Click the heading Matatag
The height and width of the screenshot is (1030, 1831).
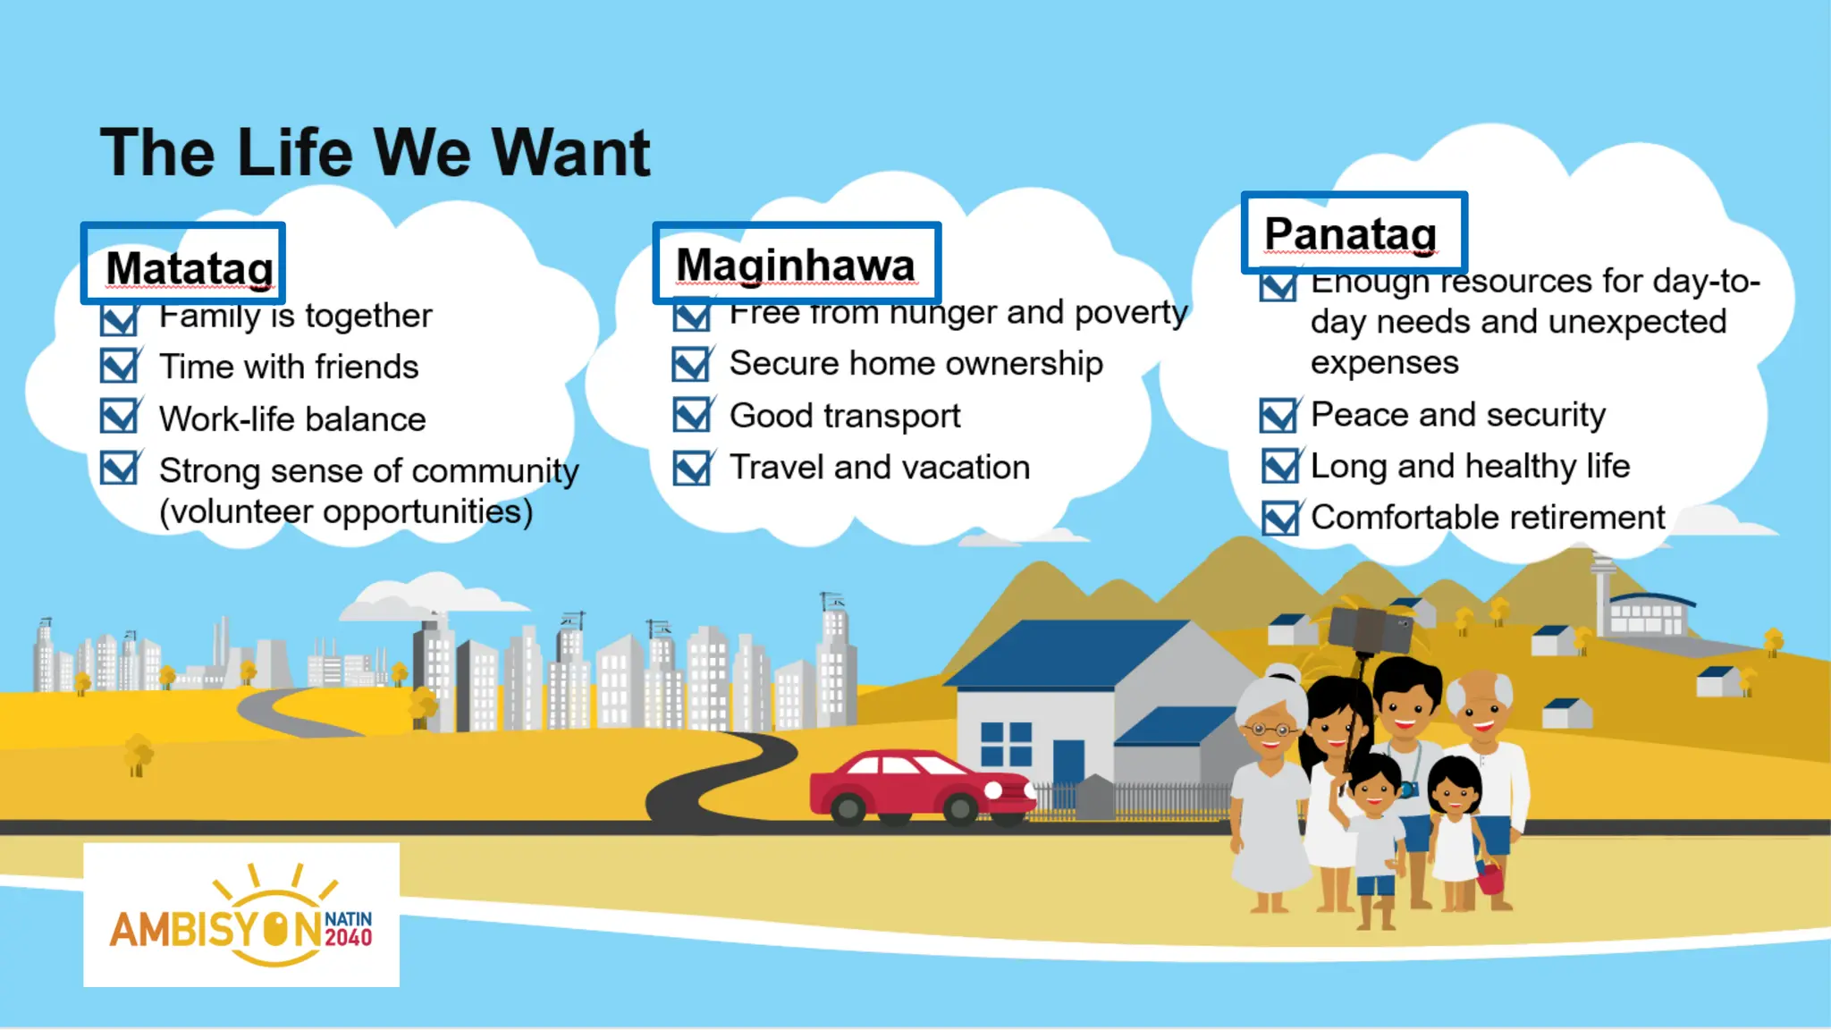[189, 266]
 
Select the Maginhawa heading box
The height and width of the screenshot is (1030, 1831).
[796, 264]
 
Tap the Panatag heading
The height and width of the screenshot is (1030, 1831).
[1351, 233]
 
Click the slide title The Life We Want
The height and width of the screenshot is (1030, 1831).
[375, 152]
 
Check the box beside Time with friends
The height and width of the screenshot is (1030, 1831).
[119, 366]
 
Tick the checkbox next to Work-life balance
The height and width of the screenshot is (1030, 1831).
[119, 418]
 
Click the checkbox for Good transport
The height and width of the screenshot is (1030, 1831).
[692, 415]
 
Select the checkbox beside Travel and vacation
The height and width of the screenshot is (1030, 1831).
[692, 468]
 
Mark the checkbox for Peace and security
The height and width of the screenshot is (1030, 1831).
[1278, 415]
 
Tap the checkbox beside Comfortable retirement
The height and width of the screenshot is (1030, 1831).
[1280, 518]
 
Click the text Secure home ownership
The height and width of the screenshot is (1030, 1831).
[915, 364]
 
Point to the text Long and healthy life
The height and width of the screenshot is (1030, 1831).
[1470, 466]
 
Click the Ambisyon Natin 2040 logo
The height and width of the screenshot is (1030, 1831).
[241, 916]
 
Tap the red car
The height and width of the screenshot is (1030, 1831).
[912, 785]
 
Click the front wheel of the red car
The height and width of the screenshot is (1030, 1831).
[959, 810]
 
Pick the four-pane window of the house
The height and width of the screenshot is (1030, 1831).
[1006, 744]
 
